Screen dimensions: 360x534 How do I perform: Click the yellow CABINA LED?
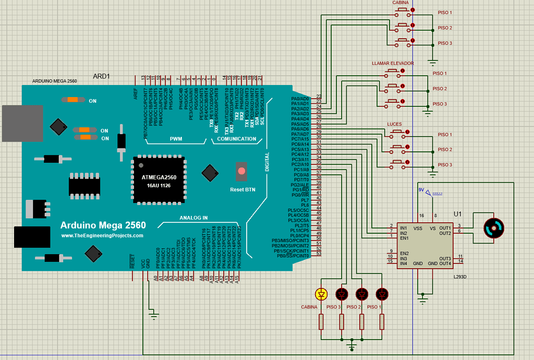pyautogui.click(x=322, y=295)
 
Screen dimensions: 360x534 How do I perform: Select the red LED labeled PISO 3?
pyautogui.click(x=342, y=295)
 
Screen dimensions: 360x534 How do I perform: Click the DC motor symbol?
pyautogui.click(x=493, y=228)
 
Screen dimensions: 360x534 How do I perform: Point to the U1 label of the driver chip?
pyautogui.click(x=458, y=214)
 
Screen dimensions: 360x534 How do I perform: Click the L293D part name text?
pyautogui.click(x=460, y=277)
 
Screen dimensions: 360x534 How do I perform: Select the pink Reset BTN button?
pyautogui.click(x=241, y=171)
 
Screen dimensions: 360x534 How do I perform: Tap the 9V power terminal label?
pyautogui.click(x=421, y=190)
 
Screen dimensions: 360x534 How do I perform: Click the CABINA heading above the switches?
pyautogui.click(x=400, y=3)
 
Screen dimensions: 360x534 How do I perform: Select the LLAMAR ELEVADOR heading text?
pyautogui.click(x=393, y=63)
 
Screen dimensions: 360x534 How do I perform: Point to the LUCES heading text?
pyautogui.click(x=394, y=124)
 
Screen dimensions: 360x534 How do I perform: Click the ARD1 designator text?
pyautogui.click(x=101, y=76)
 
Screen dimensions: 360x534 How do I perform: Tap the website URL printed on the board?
pyautogui.click(x=102, y=236)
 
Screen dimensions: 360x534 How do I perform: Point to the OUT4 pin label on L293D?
pyautogui.click(x=444, y=263)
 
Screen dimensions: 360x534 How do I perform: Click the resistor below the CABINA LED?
pyautogui.click(x=322, y=322)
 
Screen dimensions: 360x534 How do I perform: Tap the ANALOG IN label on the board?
pyautogui.click(x=193, y=218)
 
